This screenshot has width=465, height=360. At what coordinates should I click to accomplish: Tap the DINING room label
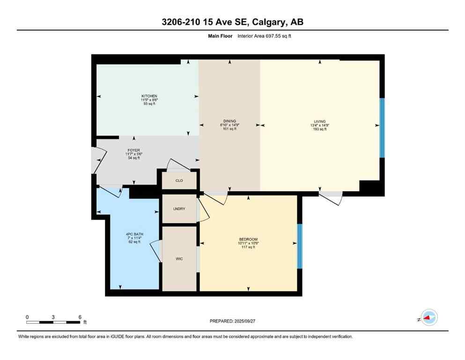229,121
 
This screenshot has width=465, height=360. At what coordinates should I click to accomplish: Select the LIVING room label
320,121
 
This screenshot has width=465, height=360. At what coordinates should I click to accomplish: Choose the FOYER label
134,150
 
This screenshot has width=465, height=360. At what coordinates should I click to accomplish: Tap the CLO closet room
179,180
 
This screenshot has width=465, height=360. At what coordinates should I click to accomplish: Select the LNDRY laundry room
179,209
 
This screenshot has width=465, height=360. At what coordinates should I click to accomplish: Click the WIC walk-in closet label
179,258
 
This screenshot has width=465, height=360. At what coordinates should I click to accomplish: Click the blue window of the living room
382,127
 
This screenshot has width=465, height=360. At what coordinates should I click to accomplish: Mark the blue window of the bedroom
300,246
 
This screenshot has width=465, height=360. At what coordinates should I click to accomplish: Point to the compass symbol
428,318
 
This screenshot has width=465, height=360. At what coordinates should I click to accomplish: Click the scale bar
53,322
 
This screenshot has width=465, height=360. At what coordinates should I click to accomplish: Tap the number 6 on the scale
80,317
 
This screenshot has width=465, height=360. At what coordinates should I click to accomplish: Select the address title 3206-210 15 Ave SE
232,22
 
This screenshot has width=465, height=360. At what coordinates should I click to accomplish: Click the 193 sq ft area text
320,129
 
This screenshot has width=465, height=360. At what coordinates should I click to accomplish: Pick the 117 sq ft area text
248,247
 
